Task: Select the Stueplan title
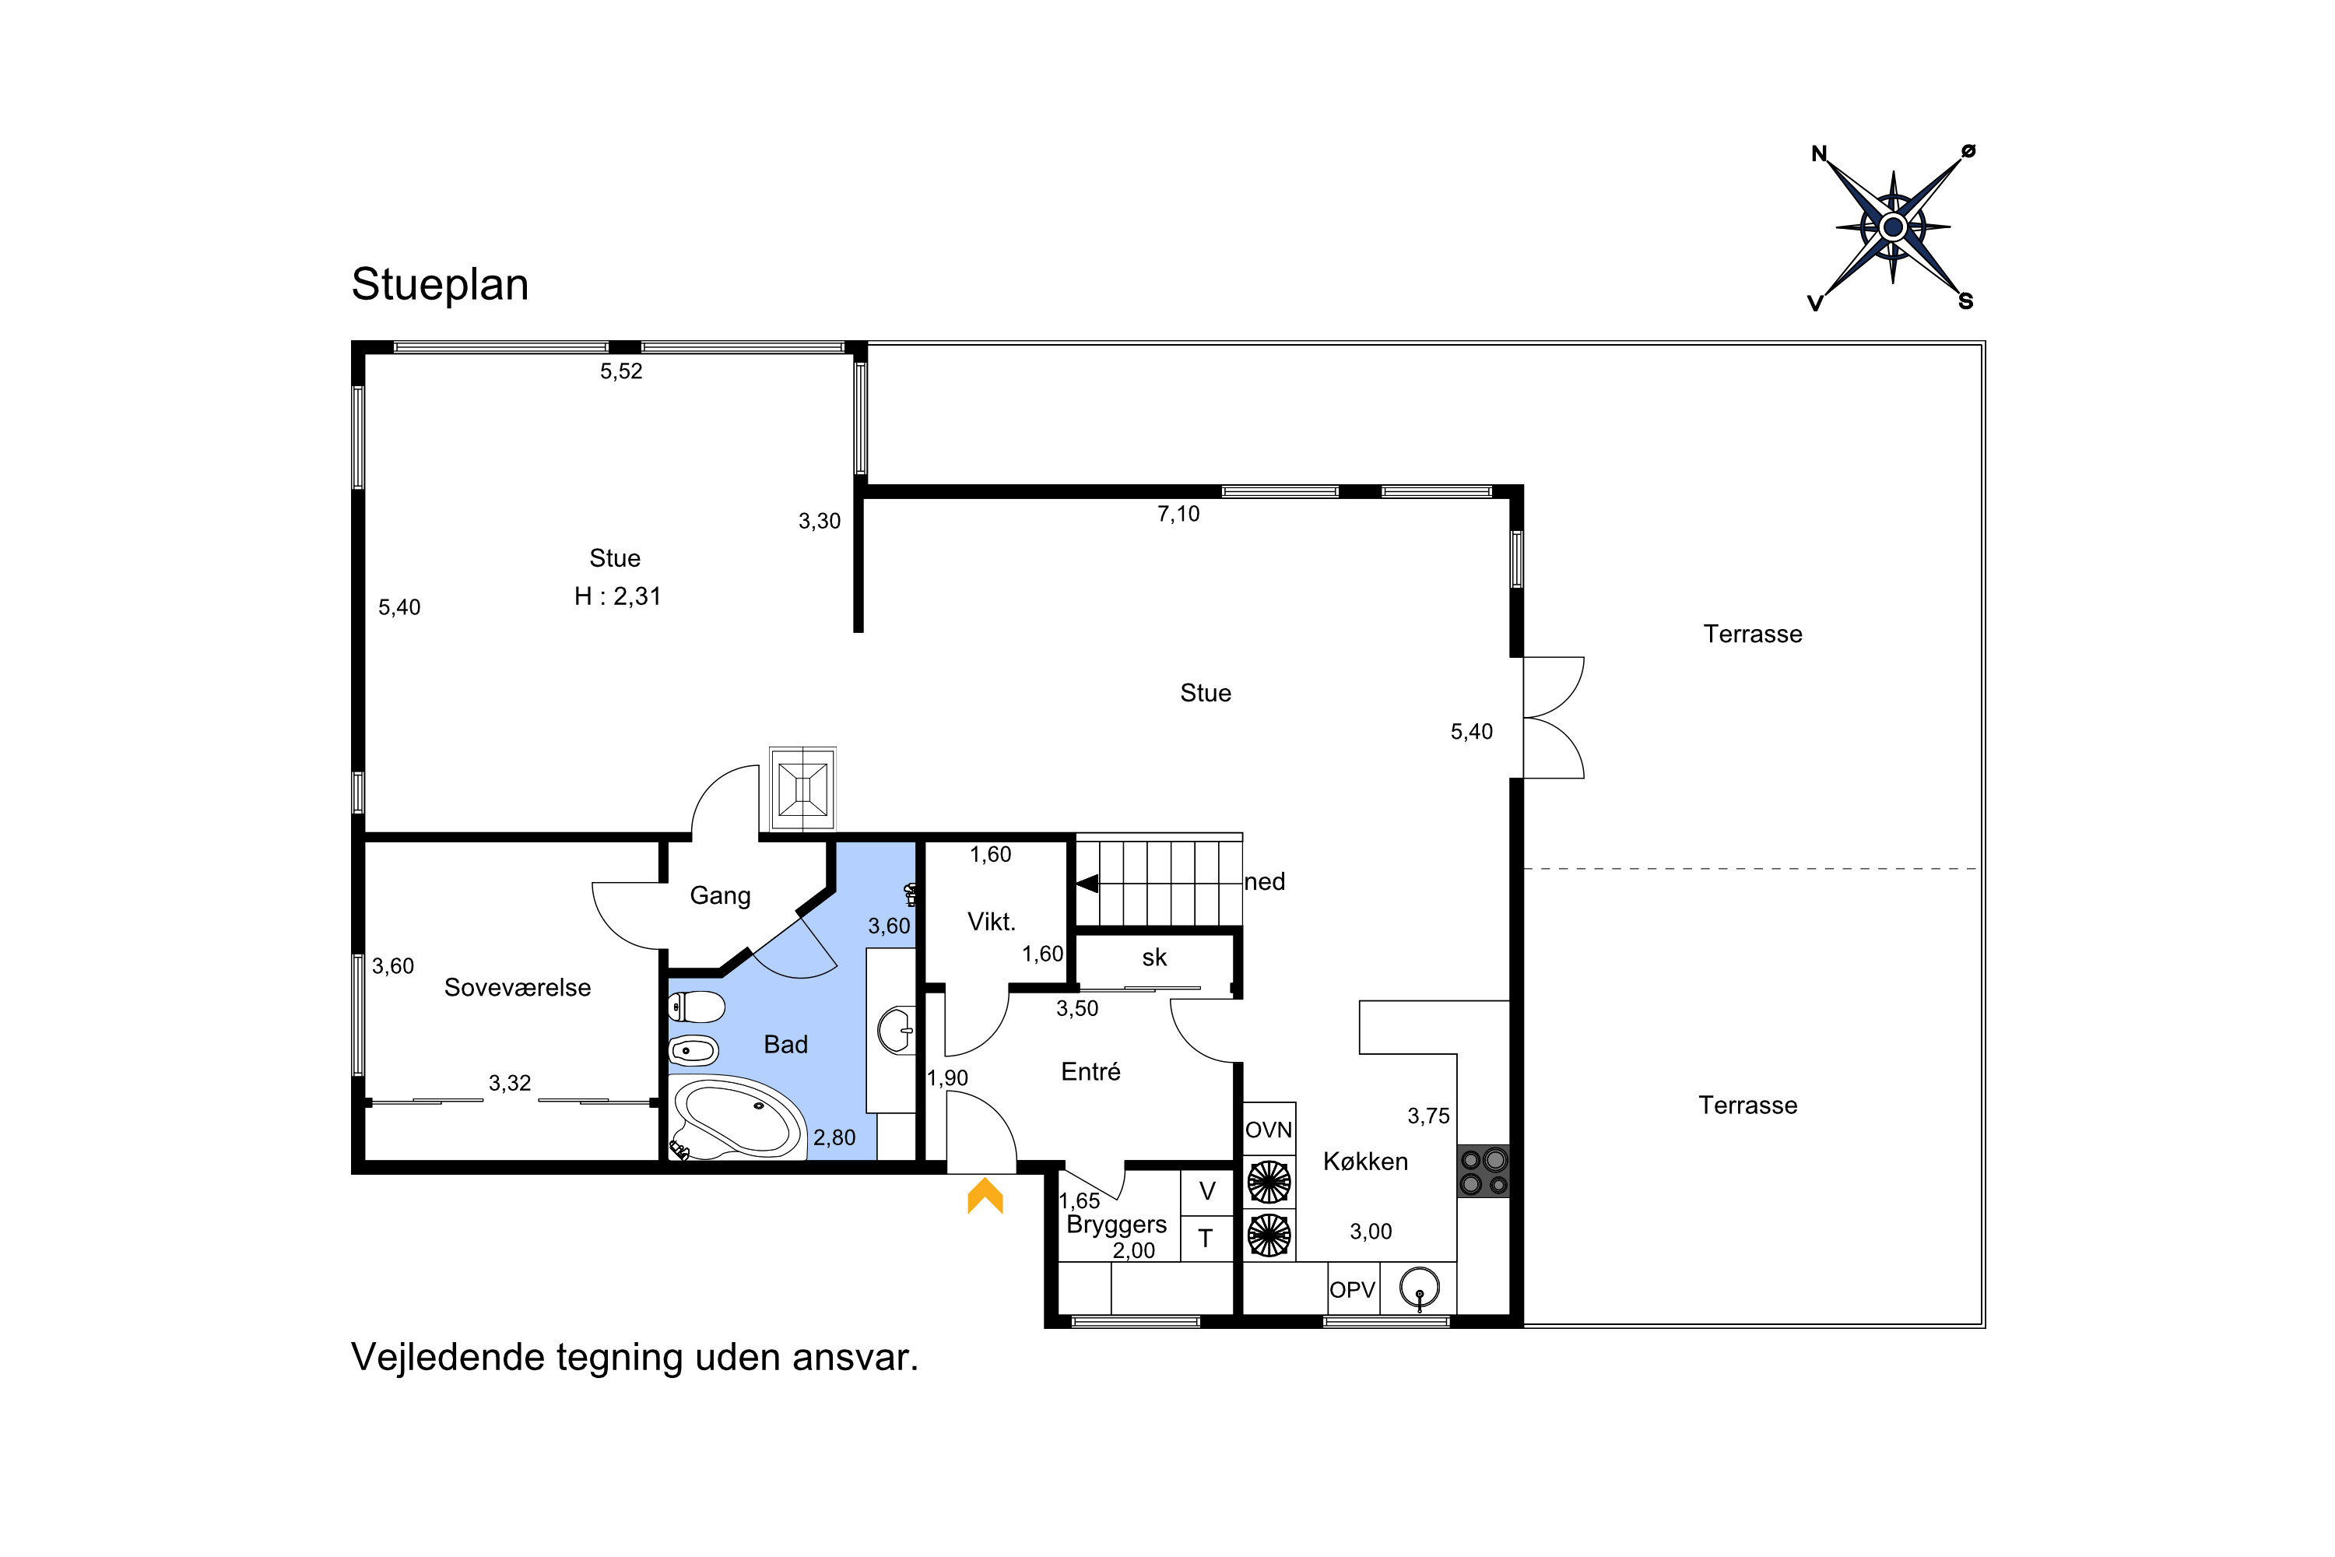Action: (x=440, y=285)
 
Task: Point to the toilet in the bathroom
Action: (x=697, y=1007)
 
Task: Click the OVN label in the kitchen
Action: (x=1269, y=1130)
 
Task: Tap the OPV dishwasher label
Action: (x=1352, y=1290)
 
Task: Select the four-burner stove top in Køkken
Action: (x=1484, y=1171)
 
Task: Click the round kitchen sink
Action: (x=1420, y=1288)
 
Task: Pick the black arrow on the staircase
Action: (x=1087, y=883)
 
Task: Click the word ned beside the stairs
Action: (x=1265, y=882)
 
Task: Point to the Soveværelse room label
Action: (x=518, y=987)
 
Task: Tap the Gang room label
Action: (x=720, y=896)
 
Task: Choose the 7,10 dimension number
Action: (x=1178, y=515)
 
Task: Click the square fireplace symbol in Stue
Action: (x=803, y=789)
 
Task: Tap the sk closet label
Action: (x=1154, y=958)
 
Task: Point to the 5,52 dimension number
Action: (x=621, y=371)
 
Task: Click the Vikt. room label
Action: (x=992, y=922)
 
